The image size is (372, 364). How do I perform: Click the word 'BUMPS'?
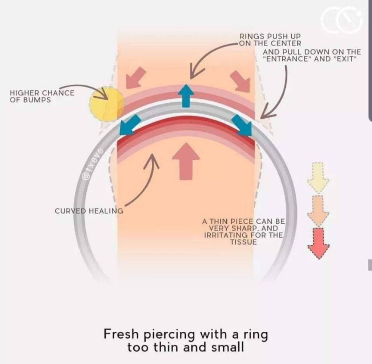(30, 99)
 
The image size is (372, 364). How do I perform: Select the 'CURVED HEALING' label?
(89, 211)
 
